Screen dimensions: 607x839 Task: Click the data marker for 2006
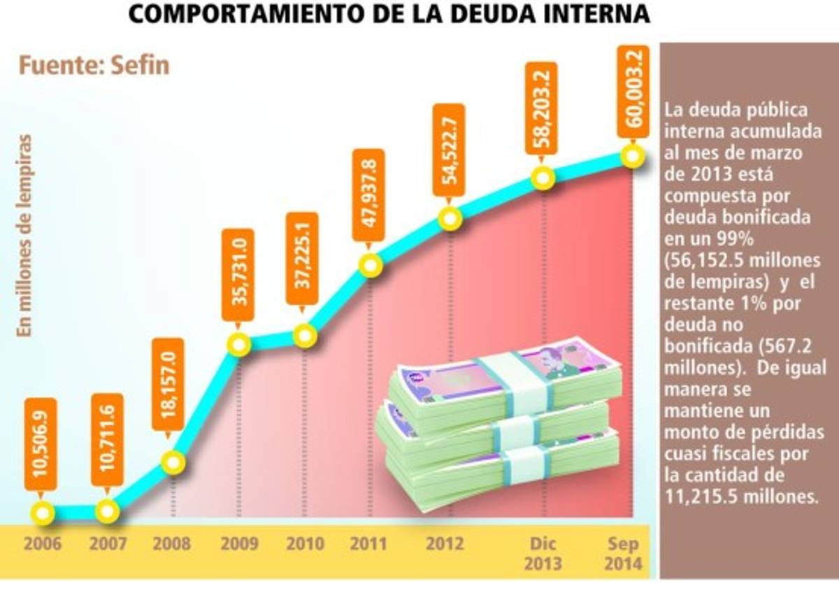[x=43, y=513]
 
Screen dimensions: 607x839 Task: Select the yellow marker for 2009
[x=239, y=344]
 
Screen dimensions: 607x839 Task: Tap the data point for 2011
[x=371, y=265]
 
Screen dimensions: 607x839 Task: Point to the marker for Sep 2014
[x=631, y=155]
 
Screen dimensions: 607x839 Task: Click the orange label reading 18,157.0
[x=168, y=385]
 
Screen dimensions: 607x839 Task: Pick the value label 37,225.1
[x=302, y=259]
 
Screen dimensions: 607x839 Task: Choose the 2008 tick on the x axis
[x=171, y=543]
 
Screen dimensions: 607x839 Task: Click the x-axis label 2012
[x=445, y=543]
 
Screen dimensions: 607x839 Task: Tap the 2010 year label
[x=305, y=543]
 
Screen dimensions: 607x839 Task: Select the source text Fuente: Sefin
[x=94, y=66]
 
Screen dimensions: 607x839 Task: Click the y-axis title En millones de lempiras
[x=26, y=236]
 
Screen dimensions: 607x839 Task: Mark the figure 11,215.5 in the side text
[x=705, y=496]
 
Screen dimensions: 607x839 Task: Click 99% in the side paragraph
[x=730, y=238]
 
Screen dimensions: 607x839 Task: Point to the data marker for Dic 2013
[x=543, y=177]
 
